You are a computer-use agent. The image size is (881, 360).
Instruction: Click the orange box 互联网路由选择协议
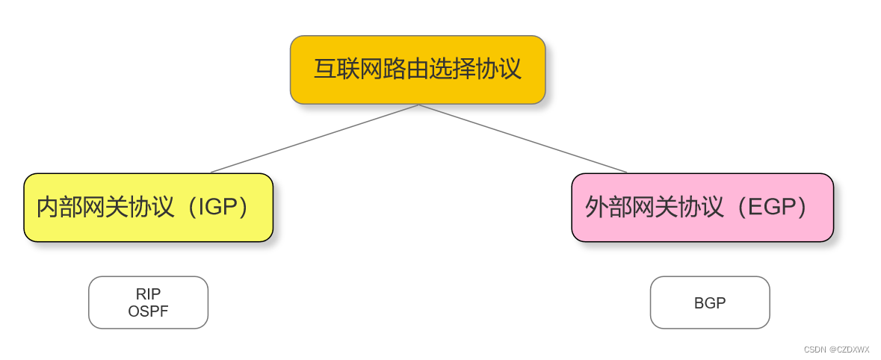click(x=418, y=69)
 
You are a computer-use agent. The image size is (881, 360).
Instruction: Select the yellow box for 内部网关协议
click(x=148, y=208)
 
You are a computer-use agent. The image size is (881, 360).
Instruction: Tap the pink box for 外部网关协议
click(x=702, y=208)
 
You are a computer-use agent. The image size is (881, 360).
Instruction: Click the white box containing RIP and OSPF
click(x=148, y=302)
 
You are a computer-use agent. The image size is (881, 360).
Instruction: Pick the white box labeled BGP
click(x=709, y=302)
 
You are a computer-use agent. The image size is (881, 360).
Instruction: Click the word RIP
click(x=148, y=294)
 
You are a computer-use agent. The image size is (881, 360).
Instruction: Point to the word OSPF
click(x=148, y=311)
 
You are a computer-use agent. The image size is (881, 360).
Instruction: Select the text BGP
click(x=709, y=303)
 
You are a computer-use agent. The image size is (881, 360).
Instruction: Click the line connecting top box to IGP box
click(x=314, y=139)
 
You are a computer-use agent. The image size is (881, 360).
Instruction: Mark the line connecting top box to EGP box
click(x=523, y=139)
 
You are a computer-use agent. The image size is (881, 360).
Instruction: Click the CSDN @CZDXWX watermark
click(x=836, y=350)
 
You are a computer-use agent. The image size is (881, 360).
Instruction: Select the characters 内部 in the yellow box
click(x=59, y=208)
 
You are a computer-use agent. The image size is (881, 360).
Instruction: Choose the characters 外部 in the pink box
click(x=608, y=208)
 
